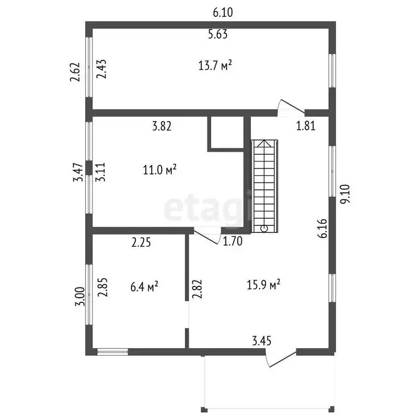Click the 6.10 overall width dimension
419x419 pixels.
point(223,13)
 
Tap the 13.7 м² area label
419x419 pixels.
point(215,65)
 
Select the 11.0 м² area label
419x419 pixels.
point(159,170)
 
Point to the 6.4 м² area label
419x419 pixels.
point(144,287)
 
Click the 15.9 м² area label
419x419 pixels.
point(263,285)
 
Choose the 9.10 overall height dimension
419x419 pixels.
point(345,194)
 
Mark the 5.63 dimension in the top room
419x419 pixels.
point(218,34)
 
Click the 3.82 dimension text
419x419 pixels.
point(161,126)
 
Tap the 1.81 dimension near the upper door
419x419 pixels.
point(306,126)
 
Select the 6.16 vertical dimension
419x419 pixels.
point(322,228)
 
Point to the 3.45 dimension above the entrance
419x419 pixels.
point(262,341)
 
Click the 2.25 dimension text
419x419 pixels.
point(141,242)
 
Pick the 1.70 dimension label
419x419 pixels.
point(232,241)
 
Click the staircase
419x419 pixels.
point(264,186)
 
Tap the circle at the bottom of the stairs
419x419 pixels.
point(264,228)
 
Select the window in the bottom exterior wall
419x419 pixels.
point(112,352)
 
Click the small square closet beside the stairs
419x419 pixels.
point(225,132)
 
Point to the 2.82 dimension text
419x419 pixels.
point(197,289)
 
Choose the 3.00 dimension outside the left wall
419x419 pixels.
point(80,296)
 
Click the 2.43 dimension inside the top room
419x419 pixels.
point(101,69)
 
